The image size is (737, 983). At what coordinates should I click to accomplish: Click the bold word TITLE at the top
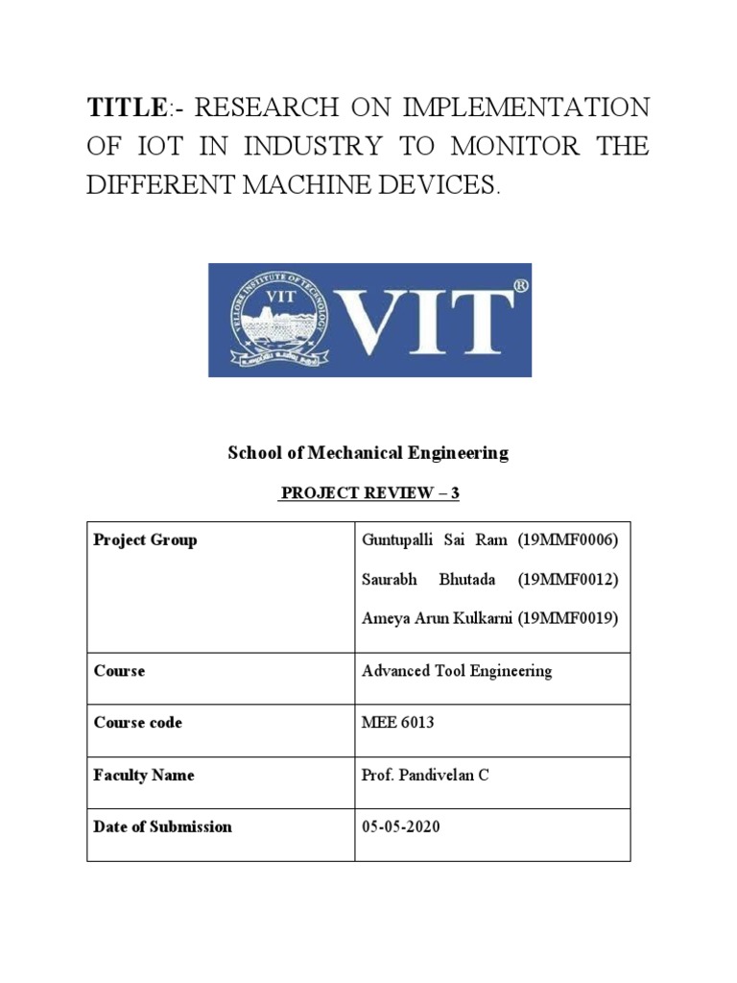pos(122,108)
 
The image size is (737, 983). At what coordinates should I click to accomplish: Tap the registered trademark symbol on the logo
pos(520,285)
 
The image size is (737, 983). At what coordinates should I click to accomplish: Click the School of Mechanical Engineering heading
pos(368,453)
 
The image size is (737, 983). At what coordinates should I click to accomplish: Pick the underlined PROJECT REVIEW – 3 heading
pos(368,493)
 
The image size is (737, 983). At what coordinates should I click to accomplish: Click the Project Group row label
pos(145,539)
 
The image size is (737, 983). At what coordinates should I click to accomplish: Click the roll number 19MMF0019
pos(568,618)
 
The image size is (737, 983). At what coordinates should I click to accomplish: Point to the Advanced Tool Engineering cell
pos(457,671)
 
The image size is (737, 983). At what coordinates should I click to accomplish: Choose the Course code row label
pos(137,722)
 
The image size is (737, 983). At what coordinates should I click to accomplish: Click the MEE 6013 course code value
pos(397,722)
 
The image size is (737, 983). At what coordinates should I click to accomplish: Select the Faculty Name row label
pos(144,775)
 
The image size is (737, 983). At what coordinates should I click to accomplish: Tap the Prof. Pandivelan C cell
pos(425,775)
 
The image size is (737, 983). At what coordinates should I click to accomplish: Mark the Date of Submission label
pos(162,827)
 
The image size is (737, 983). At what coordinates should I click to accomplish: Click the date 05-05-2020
pos(401,827)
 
